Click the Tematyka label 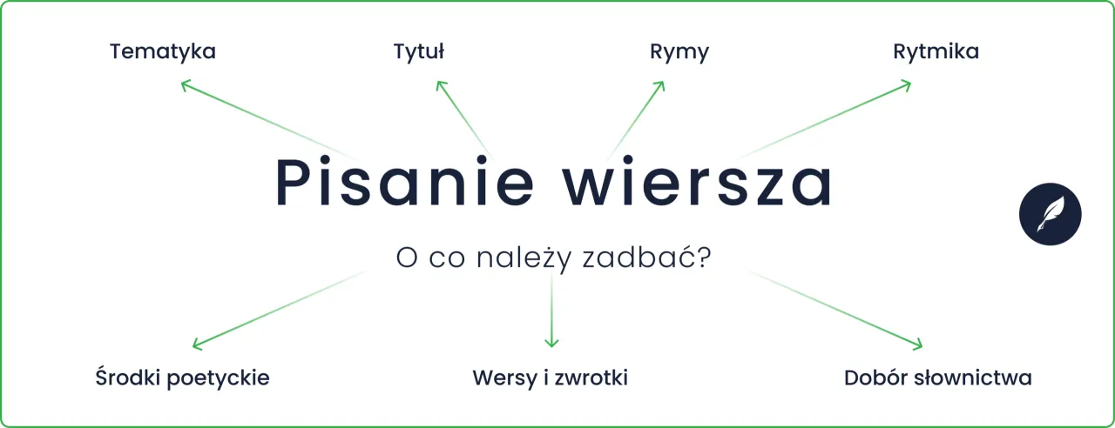coord(163,52)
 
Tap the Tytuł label coord(419,52)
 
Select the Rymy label coord(679,52)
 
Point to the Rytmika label coord(936,52)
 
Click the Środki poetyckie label coord(182,378)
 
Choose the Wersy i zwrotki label coord(550,378)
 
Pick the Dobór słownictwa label coord(937,378)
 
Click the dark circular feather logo coord(1050,213)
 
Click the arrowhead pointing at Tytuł coord(440,84)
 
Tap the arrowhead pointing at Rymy coord(661,84)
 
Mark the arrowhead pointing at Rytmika coord(907,84)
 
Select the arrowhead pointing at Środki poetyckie coord(196,345)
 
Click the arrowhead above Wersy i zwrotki coord(551,344)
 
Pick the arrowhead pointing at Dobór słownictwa coord(918,345)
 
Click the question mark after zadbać coord(702,258)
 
